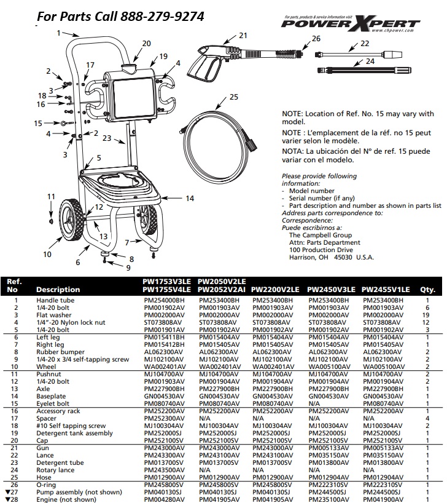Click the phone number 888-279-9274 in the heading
point(163,15)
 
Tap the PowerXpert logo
point(356,23)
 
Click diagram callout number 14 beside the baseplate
point(189,198)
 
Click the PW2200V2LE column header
point(276,289)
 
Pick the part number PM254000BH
point(163,300)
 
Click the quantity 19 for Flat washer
point(426,314)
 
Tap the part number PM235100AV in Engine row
point(330,499)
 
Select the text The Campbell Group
point(320,235)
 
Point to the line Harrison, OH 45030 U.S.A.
point(331,257)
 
